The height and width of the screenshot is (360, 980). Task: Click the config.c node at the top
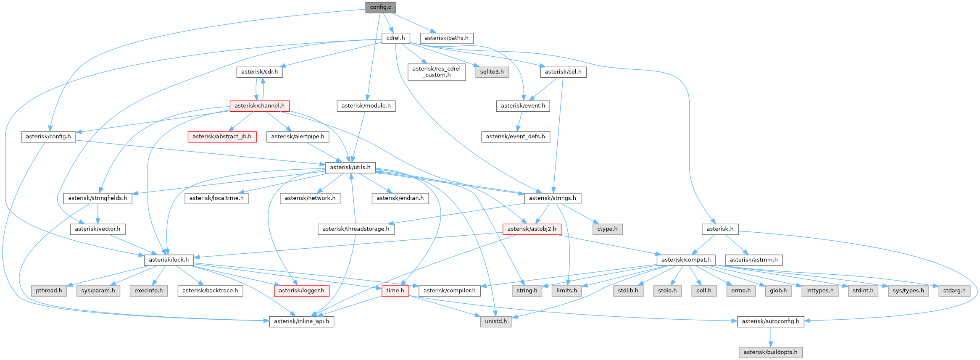pos(380,7)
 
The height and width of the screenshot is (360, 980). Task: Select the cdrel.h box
pos(395,38)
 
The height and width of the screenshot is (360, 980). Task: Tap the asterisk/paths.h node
pos(446,38)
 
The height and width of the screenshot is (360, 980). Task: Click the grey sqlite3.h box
pos(492,72)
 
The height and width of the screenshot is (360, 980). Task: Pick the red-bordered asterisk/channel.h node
pos(259,105)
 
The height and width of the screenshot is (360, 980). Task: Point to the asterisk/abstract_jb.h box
pos(222,137)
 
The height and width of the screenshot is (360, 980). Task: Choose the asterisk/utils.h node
pos(350,167)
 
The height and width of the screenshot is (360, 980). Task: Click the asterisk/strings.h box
pos(552,198)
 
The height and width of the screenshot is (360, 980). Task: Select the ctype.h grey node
pos(607,229)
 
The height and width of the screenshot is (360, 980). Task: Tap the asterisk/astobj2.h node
pos(532,229)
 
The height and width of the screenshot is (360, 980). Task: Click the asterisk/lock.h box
pos(169,260)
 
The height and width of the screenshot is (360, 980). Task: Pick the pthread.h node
pos(49,290)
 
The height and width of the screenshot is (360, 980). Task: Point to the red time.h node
pos(395,290)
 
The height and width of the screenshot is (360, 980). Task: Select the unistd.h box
pos(496,321)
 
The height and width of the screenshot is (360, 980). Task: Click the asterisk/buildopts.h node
pos(770,352)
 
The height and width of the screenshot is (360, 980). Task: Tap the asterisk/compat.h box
pos(686,260)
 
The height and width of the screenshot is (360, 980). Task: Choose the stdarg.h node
pos(954,290)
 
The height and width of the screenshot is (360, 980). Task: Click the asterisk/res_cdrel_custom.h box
pos(436,72)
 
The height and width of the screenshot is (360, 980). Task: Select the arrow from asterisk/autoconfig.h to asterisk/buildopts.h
pos(770,336)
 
